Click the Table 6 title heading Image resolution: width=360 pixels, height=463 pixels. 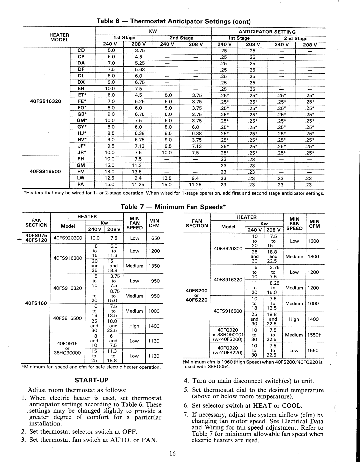click(x=173, y=21)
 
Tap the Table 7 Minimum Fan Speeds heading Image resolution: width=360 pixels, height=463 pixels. click(x=173, y=207)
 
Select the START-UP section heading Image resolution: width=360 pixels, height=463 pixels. click(x=91, y=380)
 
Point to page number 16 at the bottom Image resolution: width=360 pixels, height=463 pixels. click(x=172, y=453)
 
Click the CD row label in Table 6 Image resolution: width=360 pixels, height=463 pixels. click(x=81, y=51)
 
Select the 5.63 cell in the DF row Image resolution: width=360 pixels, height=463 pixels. click(x=140, y=70)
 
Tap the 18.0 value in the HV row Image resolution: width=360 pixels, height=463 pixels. click(x=110, y=172)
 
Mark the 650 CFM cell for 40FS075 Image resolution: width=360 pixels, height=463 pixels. click(x=155, y=238)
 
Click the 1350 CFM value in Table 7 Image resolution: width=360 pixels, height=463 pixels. click(x=154, y=266)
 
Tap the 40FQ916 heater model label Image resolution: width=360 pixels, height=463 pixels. click(x=67, y=343)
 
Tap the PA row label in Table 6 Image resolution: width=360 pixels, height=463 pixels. click(x=81, y=184)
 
